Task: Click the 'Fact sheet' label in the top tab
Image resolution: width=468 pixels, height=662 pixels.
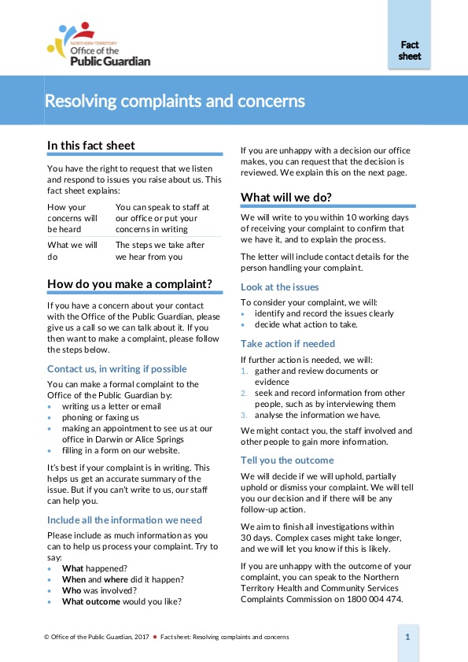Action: pyautogui.click(x=410, y=51)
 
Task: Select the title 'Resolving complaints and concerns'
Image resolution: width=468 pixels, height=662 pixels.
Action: pyautogui.click(x=175, y=102)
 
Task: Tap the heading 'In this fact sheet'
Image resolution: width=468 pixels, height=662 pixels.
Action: pyautogui.click(x=91, y=145)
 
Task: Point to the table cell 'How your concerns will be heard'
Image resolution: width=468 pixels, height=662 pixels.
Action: pyautogui.click(x=73, y=218)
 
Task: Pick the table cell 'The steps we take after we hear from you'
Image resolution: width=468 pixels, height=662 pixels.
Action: pyautogui.click(x=160, y=250)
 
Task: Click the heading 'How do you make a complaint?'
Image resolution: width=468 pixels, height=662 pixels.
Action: pyautogui.click(x=130, y=283)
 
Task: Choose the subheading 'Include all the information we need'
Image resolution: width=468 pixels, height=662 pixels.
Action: pyautogui.click(x=124, y=520)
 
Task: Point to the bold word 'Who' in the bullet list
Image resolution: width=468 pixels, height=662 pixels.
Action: pyautogui.click(x=72, y=590)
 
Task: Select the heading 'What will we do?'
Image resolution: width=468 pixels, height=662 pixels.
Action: pyautogui.click(x=286, y=196)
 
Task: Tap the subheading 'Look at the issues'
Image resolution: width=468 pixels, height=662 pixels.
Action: pyautogui.click(x=279, y=287)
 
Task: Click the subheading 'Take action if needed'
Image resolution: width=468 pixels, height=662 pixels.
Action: pyautogui.click(x=288, y=343)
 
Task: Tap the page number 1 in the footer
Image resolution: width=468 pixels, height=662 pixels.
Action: pyautogui.click(x=407, y=636)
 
